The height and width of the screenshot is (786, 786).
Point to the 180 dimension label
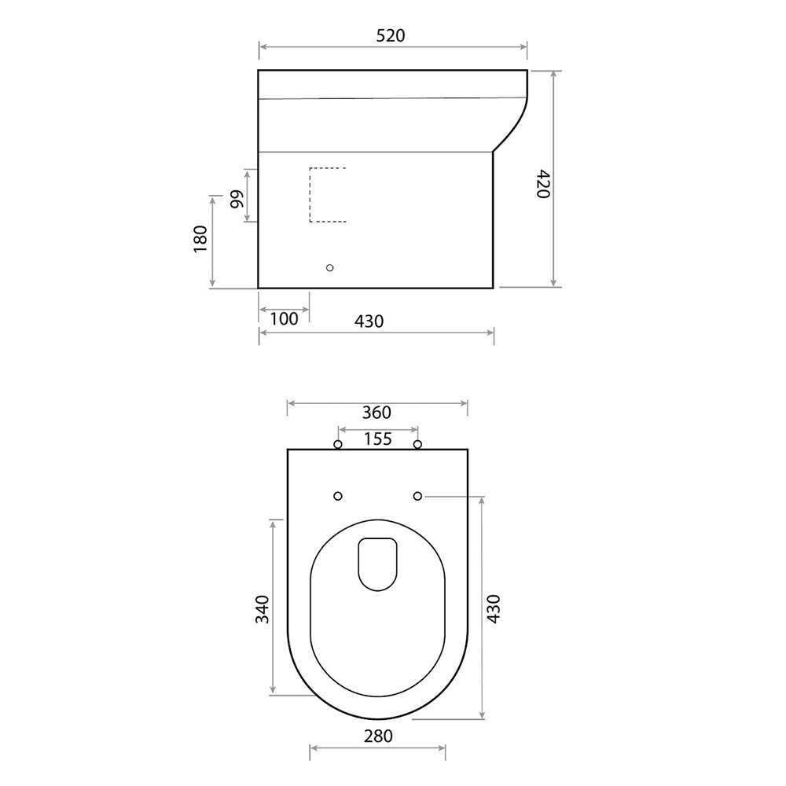[x=200, y=240]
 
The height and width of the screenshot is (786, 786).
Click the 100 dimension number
[x=284, y=318]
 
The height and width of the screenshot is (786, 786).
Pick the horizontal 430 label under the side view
[x=369, y=321]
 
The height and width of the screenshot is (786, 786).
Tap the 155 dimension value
[x=377, y=439]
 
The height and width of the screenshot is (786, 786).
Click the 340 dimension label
[x=263, y=609]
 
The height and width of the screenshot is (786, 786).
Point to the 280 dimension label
[x=377, y=736]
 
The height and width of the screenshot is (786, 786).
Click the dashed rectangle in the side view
[x=328, y=195]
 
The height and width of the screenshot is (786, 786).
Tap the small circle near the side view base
[x=330, y=268]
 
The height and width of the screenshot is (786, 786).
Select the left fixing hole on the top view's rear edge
[x=338, y=446]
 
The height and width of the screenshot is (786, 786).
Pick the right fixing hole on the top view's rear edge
[x=417, y=446]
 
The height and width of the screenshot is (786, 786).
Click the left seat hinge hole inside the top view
[x=338, y=496]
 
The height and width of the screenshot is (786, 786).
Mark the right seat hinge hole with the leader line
[x=417, y=496]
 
